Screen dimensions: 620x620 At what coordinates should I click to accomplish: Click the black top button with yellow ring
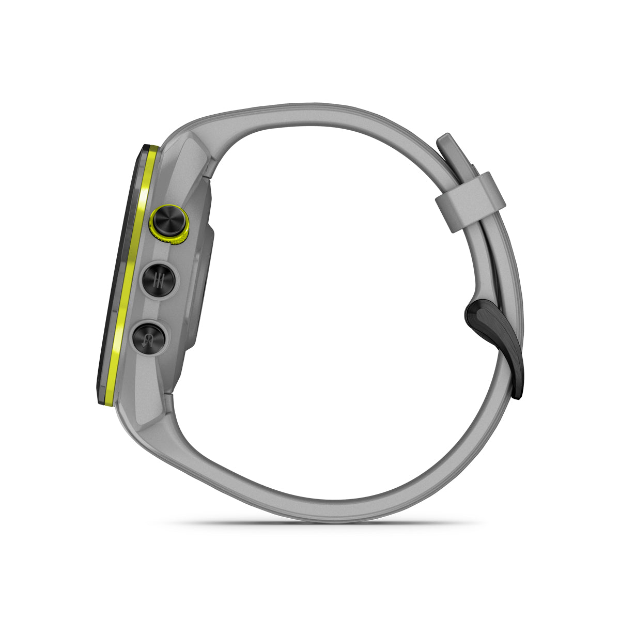[x=168, y=221]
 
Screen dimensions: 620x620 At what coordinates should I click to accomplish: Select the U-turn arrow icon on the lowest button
[x=150, y=338]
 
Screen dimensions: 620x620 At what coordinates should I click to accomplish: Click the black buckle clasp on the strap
[x=496, y=336]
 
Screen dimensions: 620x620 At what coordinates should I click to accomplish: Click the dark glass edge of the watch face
[x=119, y=274]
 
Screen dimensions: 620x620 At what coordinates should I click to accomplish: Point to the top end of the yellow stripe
[x=151, y=149]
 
